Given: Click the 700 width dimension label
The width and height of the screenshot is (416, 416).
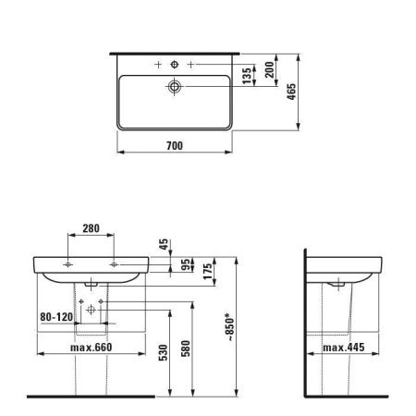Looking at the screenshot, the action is (175, 145).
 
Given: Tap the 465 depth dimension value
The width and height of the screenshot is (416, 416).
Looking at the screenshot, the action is (291, 92).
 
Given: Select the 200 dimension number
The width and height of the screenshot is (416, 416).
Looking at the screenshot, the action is (270, 69).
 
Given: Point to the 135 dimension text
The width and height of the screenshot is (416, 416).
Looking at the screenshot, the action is (247, 76).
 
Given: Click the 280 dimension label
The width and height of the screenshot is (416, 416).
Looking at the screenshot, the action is (91, 228).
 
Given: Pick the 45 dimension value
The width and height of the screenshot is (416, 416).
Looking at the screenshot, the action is (164, 244).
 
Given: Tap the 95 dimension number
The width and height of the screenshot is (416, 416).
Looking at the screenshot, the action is (186, 264).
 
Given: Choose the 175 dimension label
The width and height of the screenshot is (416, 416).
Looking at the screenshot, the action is (208, 271).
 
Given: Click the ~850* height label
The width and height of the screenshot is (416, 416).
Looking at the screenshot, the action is (230, 327).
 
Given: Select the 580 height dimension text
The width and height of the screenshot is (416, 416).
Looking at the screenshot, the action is (186, 349).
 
